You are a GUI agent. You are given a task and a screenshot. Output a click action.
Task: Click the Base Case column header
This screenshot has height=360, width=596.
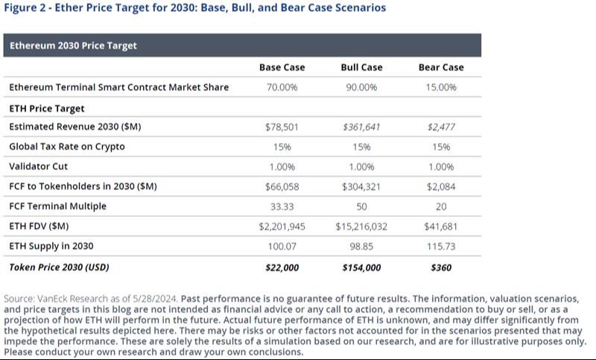(x=282, y=67)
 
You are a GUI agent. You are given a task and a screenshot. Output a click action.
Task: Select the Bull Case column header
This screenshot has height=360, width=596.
(x=361, y=67)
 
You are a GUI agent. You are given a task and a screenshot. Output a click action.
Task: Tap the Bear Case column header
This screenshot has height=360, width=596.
(x=441, y=67)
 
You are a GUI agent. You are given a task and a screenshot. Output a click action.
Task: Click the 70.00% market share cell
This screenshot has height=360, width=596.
(x=282, y=87)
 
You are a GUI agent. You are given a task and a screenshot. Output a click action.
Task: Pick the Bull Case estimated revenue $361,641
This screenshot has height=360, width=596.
(x=361, y=127)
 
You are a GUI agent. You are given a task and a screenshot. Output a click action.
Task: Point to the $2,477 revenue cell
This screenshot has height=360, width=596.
(x=441, y=127)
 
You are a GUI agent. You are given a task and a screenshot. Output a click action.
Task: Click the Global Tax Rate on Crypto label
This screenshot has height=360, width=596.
(x=67, y=147)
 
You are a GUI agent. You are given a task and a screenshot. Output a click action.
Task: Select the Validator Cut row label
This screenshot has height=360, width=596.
(x=39, y=166)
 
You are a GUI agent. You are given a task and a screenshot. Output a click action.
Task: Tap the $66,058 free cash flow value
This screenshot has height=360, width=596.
(x=282, y=186)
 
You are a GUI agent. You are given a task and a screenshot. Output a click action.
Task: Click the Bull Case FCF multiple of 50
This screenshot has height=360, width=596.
(x=361, y=206)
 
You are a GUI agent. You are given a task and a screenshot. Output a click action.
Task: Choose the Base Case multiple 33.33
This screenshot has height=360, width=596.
(x=282, y=206)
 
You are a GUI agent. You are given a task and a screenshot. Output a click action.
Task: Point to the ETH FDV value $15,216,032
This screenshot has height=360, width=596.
(x=361, y=226)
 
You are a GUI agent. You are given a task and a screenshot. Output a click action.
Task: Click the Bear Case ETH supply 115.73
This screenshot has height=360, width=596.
(x=441, y=245)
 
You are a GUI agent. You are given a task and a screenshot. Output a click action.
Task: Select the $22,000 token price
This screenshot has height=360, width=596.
(x=282, y=266)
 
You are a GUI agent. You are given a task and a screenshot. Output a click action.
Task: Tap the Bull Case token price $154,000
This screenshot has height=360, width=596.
(x=361, y=266)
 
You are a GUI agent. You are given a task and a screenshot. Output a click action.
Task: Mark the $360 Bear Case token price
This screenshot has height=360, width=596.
(x=441, y=266)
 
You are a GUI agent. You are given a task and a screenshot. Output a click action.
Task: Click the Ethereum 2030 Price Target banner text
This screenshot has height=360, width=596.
(x=73, y=45)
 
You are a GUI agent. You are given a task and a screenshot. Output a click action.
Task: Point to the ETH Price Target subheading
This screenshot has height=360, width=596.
(x=46, y=107)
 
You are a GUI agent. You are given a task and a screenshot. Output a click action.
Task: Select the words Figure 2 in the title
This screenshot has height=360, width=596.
(x=25, y=8)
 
